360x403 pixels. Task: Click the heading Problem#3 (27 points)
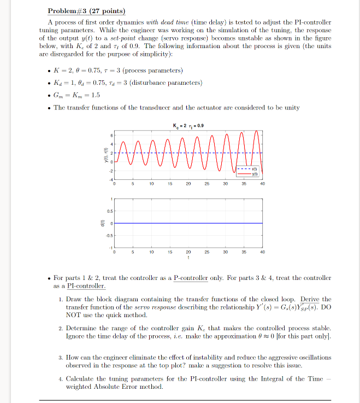point(86,11)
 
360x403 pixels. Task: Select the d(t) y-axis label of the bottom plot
point(101,223)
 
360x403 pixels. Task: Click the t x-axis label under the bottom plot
point(188,259)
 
